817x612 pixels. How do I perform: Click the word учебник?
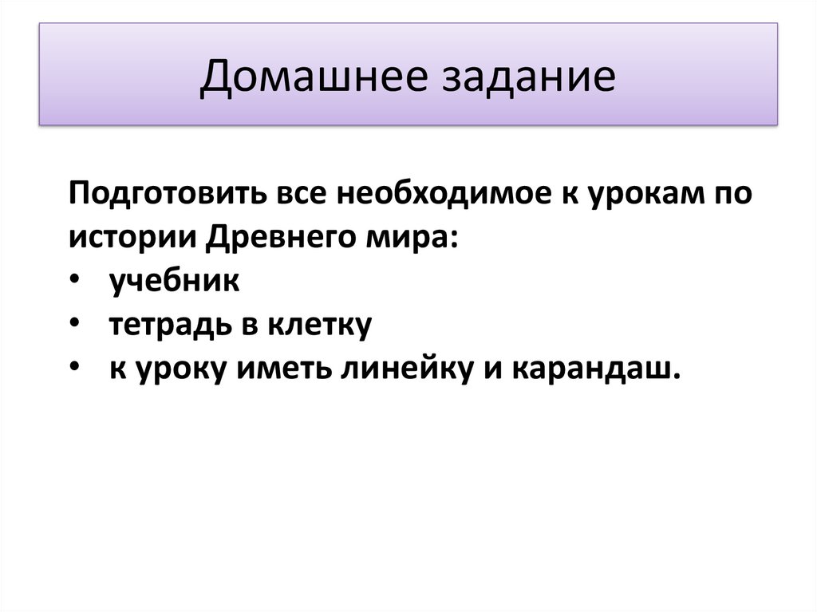pyautogui.click(x=174, y=282)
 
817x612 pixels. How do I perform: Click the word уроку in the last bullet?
pyautogui.click(x=171, y=369)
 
